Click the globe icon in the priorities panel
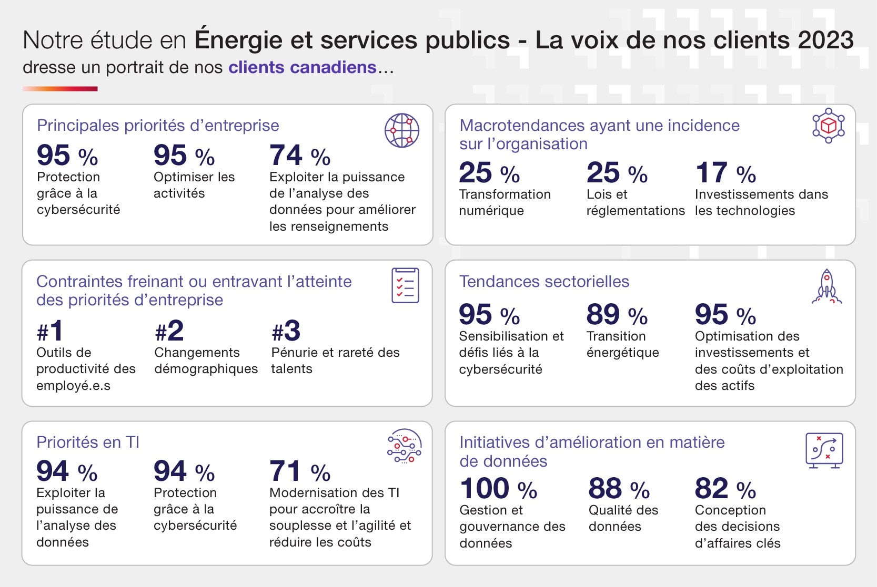pos(401,130)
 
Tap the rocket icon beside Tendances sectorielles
pos(826,287)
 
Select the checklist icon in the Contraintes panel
pos(405,285)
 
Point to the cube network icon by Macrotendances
pos(828,126)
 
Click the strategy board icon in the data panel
pos(824,450)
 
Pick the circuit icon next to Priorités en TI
pos(404,446)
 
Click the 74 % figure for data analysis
pos(300,156)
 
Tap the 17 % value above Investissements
pos(725,173)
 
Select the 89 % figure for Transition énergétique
pos(617,315)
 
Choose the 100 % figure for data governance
pos(498,489)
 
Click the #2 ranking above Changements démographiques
pos(169,331)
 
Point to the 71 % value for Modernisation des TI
pos(300,471)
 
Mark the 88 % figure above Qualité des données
pos(619,489)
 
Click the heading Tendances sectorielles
pos(544,282)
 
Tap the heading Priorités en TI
pos(88,442)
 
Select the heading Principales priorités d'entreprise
pos(158,126)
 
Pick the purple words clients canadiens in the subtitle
pos(302,68)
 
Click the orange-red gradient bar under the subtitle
pos(60,89)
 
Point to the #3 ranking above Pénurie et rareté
pos(286,331)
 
